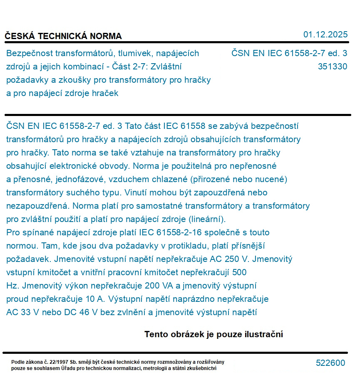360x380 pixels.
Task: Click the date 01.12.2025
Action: [x=325, y=35]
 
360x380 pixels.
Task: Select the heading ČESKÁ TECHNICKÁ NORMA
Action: [x=63, y=36]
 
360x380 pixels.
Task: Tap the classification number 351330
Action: [x=332, y=67]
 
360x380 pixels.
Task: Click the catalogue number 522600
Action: [x=330, y=363]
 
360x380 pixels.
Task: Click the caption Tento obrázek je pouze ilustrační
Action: [x=214, y=334]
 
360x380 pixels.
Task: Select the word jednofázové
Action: [x=81, y=179]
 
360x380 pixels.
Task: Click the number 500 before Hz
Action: [x=239, y=272]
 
